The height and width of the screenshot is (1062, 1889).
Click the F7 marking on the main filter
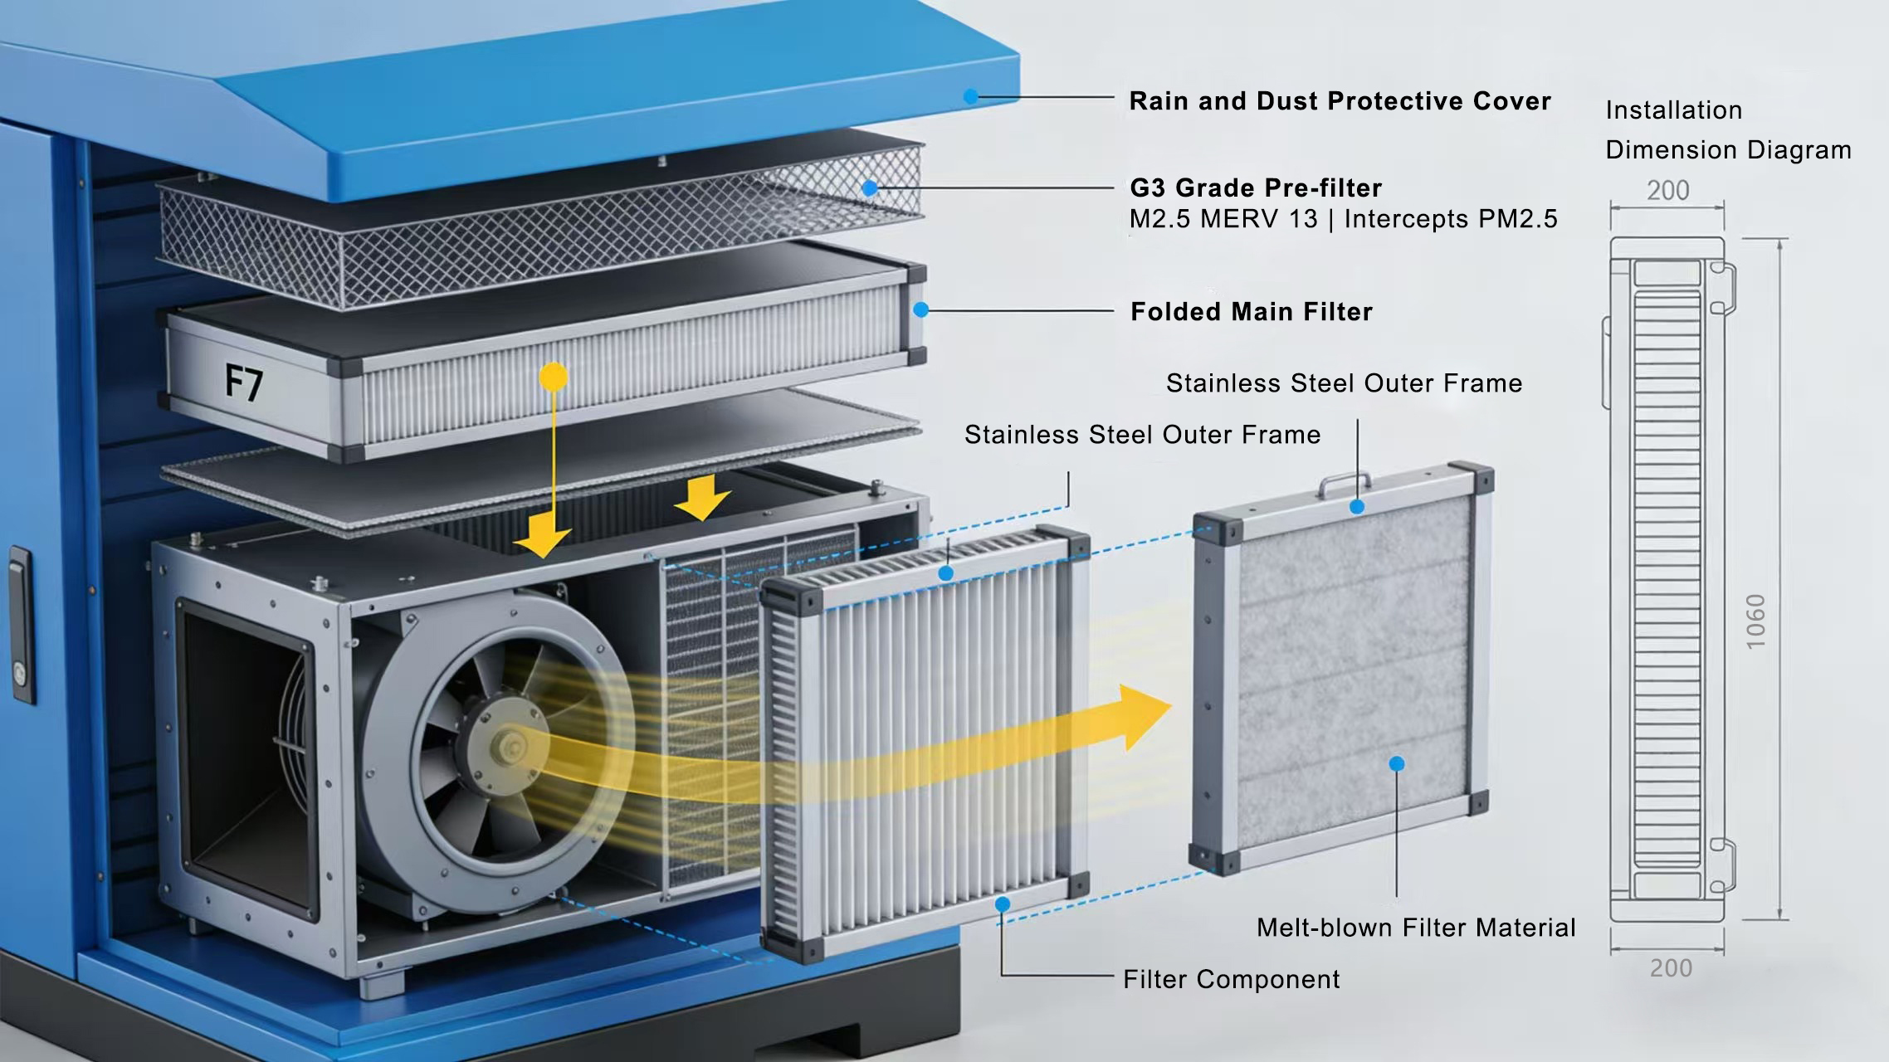244,383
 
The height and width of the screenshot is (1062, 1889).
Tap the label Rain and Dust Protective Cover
1340,101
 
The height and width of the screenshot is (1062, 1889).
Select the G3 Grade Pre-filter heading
1256,188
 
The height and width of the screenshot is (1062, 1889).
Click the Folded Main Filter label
1252,312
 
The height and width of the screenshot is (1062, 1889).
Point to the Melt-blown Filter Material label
1415,928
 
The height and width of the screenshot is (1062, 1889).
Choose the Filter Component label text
1231,980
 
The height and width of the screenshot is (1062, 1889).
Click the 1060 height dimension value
1755,621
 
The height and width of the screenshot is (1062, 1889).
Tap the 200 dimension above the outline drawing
1667,191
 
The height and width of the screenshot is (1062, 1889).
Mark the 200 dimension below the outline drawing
1671,968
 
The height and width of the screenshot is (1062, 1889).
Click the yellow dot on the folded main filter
554,377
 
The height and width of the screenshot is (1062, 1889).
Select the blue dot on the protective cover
970,97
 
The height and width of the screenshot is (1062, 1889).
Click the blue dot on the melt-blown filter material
1397,763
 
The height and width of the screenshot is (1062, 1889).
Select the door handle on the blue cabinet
22,622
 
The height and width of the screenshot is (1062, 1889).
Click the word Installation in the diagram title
1673,110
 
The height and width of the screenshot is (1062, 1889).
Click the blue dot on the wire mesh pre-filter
870,188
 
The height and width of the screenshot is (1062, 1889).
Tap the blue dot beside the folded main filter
920,309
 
